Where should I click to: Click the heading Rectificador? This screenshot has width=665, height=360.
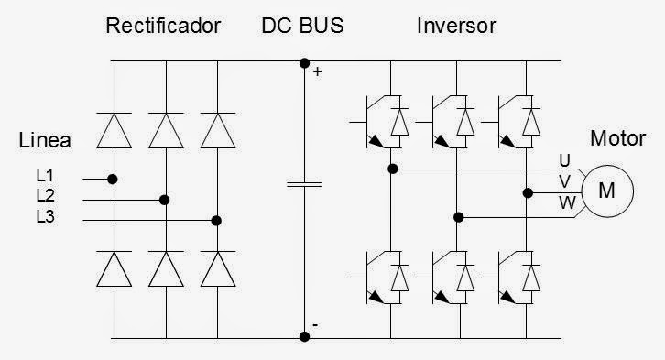163,26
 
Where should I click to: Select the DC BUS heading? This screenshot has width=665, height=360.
303,26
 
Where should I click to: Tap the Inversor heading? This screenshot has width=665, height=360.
456,26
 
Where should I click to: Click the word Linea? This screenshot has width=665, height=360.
45,140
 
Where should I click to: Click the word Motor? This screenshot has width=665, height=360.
623,139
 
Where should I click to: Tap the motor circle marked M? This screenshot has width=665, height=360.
606,191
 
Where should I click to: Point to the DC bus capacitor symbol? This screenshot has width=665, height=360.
304,183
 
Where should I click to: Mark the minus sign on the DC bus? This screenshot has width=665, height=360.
315,325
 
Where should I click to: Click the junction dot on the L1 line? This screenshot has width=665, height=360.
113,179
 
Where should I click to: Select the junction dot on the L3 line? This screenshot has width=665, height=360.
216,220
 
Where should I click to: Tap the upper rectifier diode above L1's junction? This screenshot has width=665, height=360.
113,130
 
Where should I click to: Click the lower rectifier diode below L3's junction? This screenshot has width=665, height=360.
216,269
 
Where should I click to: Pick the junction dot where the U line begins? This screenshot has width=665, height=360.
392,169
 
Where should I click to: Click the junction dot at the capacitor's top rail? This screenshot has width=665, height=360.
304,62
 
